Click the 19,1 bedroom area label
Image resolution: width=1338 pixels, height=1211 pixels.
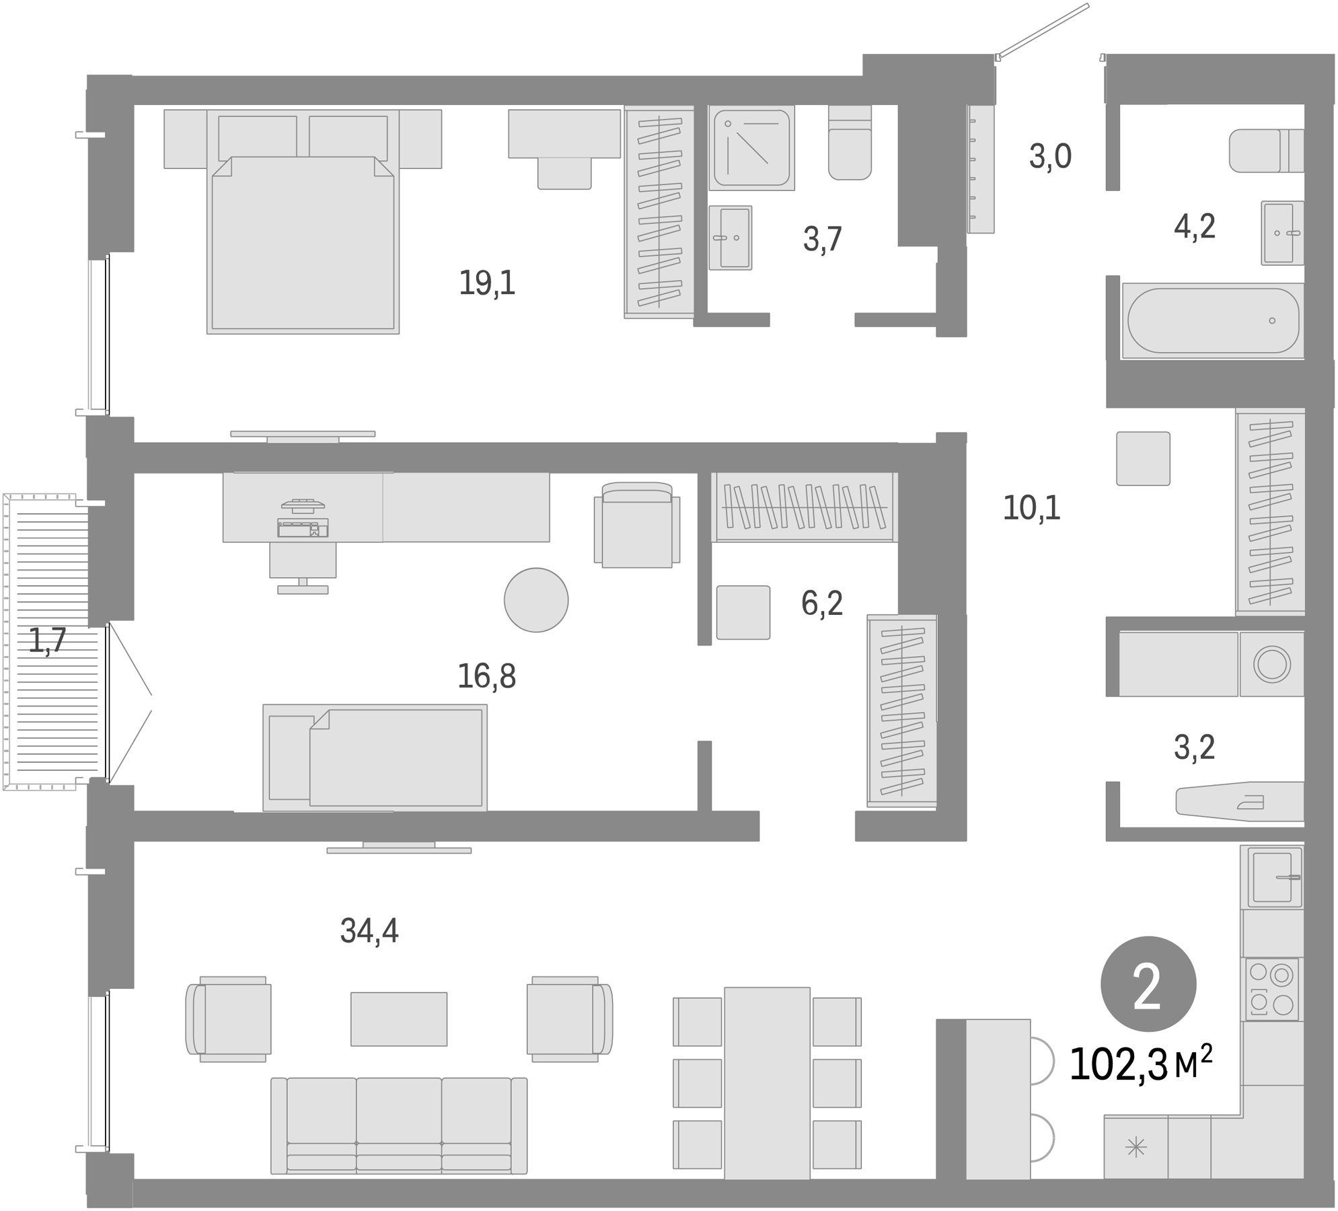point(487,283)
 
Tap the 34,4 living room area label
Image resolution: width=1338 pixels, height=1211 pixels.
point(369,931)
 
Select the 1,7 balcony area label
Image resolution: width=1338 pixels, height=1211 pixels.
point(47,640)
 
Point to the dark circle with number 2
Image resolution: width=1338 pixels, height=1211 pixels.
point(1148,985)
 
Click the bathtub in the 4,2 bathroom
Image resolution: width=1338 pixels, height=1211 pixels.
point(1213,321)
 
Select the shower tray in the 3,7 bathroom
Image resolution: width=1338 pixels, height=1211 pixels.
point(751,147)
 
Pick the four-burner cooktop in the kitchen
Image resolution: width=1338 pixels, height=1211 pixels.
point(1271,990)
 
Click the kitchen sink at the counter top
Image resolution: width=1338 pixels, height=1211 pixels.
point(1273,877)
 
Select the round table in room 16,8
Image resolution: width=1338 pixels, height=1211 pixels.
point(536,600)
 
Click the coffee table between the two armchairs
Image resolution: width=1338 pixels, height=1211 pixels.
point(399,1019)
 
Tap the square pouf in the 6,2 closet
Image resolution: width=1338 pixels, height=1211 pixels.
point(743,612)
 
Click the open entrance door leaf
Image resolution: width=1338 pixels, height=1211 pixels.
point(1043,30)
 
